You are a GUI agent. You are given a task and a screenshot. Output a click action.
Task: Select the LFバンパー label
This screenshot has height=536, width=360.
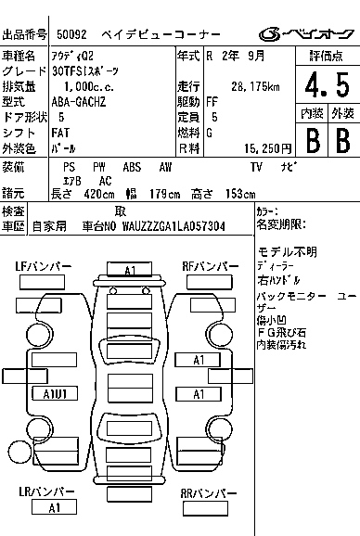[43, 267]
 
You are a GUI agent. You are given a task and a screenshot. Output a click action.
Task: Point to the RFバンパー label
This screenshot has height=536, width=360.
[210, 267]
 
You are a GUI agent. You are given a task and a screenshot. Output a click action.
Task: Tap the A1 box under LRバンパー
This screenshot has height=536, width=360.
[54, 508]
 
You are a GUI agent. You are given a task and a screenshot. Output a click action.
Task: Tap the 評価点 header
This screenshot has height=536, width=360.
[326, 56]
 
